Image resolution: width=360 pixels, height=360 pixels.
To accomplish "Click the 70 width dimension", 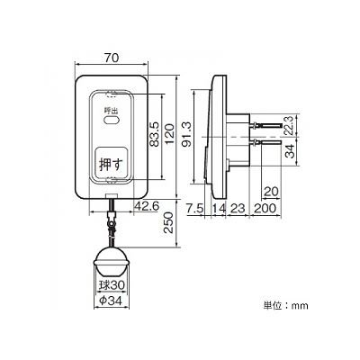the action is (112, 58).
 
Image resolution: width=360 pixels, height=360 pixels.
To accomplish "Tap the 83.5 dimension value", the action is (154, 134).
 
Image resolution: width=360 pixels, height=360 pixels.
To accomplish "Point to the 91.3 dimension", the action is (187, 136).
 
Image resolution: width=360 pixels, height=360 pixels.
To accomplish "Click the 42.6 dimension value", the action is (147, 206).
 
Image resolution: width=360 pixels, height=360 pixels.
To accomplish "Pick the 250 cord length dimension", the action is (169, 223).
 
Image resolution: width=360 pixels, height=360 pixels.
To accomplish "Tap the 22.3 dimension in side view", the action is (289, 126).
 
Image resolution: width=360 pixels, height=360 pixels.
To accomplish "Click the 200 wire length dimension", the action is (265, 208).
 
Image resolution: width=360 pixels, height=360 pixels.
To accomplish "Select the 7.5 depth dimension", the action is (195, 208).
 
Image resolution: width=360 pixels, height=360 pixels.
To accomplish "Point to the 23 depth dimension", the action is (238, 208).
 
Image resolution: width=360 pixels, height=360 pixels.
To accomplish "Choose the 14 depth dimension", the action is (219, 208).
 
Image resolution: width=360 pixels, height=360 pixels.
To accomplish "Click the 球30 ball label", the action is (112, 284).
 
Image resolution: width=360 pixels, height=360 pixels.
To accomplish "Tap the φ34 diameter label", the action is (112, 301).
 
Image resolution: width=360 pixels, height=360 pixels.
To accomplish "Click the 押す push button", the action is (111, 163).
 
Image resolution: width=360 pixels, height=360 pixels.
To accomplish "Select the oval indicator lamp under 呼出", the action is (112, 121).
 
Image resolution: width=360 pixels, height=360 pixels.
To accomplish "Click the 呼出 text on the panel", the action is (110, 111).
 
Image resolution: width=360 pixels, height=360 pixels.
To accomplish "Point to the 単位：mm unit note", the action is (285, 306).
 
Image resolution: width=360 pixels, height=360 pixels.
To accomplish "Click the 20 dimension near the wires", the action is (271, 192).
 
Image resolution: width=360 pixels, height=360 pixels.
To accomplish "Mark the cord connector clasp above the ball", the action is (112, 221).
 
